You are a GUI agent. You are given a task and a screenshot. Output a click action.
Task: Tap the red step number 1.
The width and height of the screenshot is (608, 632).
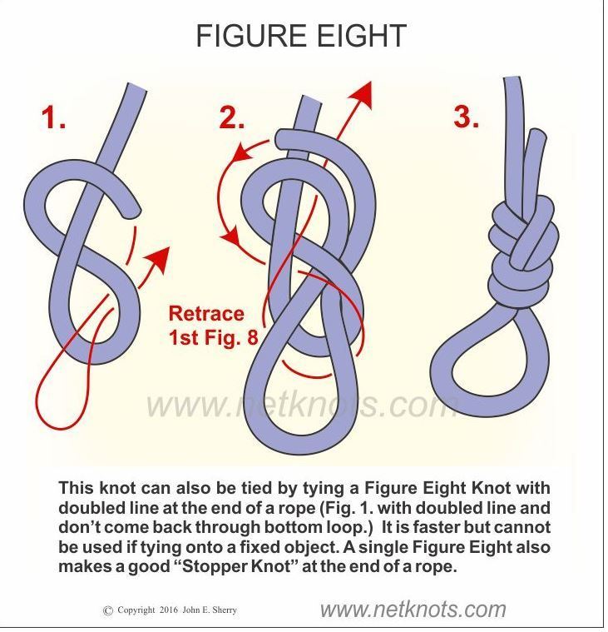coord(53,117)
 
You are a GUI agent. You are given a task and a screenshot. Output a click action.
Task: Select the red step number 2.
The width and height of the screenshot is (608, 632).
coord(231,117)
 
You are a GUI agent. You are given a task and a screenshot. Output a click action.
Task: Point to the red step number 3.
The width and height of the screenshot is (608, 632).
coord(467,116)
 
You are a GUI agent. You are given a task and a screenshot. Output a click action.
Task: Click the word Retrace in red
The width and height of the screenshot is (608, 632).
coord(206,314)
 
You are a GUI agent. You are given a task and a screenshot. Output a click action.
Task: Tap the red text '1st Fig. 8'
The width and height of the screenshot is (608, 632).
coord(214,337)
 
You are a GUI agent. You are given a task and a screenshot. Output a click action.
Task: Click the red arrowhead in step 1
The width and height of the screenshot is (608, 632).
coord(159,259)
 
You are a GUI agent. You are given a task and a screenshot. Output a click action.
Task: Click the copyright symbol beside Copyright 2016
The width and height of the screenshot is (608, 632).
coord(108,611)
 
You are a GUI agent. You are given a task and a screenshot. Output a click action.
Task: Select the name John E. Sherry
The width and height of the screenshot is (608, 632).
coord(210,610)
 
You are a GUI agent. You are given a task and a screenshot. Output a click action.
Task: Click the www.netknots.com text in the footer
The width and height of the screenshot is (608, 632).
coord(413,609)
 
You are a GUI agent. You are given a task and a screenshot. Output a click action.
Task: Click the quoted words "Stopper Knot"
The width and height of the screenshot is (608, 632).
coord(236,566)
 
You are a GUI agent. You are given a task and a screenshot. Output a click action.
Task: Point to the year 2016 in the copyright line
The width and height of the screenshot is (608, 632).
coord(169,610)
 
